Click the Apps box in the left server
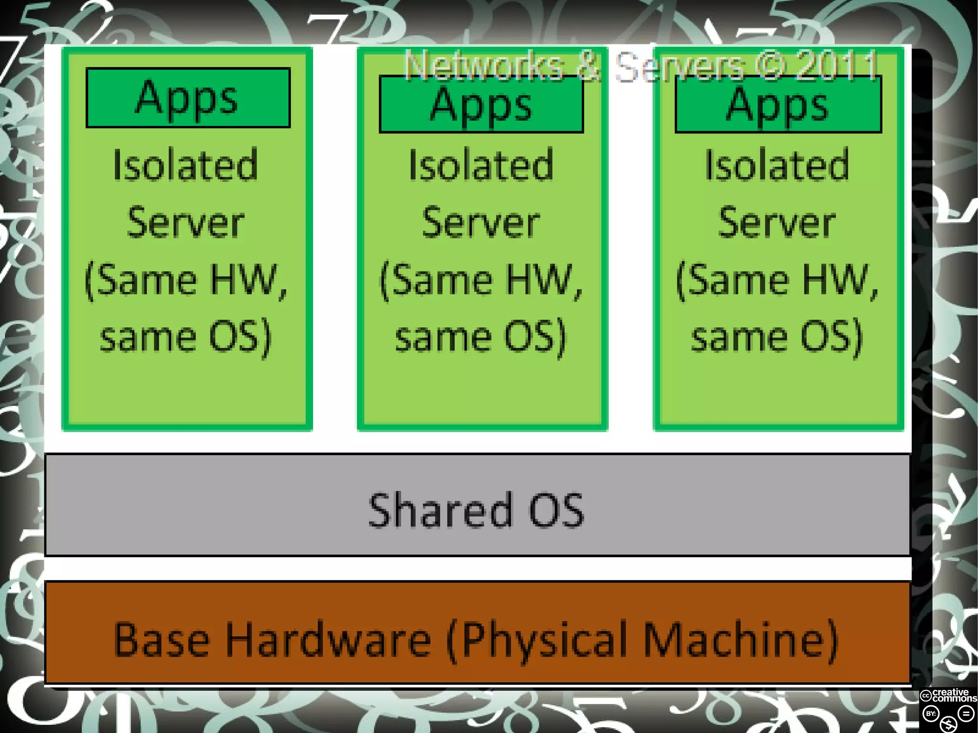(188, 98)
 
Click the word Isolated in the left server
(186, 165)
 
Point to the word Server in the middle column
(481, 223)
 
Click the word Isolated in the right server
(777, 165)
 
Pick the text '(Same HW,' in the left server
(186, 280)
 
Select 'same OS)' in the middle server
(481, 337)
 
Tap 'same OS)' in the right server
(777, 337)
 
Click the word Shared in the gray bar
(439, 510)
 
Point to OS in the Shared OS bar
(556, 510)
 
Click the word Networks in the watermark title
(484, 65)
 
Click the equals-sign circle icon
(966, 714)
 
